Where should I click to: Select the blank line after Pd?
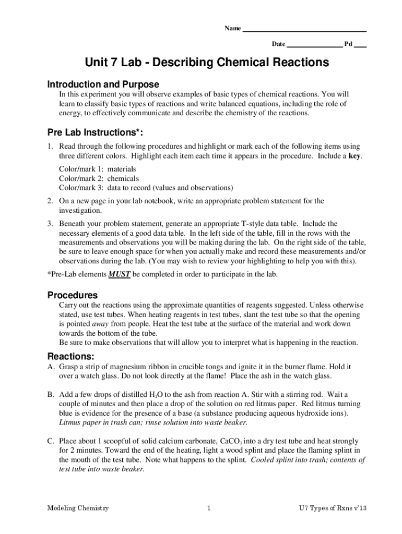coord(360,45)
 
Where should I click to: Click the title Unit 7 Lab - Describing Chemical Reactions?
coord(208,63)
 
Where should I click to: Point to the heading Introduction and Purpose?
coord(103,84)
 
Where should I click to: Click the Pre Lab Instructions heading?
coord(96,132)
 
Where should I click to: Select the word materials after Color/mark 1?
coord(122,169)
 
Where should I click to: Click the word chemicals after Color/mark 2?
coord(123,178)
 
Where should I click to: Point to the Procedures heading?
coord(73,295)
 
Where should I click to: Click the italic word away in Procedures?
coord(100,323)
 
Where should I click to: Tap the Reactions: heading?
coord(71,357)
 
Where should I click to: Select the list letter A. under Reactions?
coord(51,367)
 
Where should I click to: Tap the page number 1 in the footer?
coord(208,508)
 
